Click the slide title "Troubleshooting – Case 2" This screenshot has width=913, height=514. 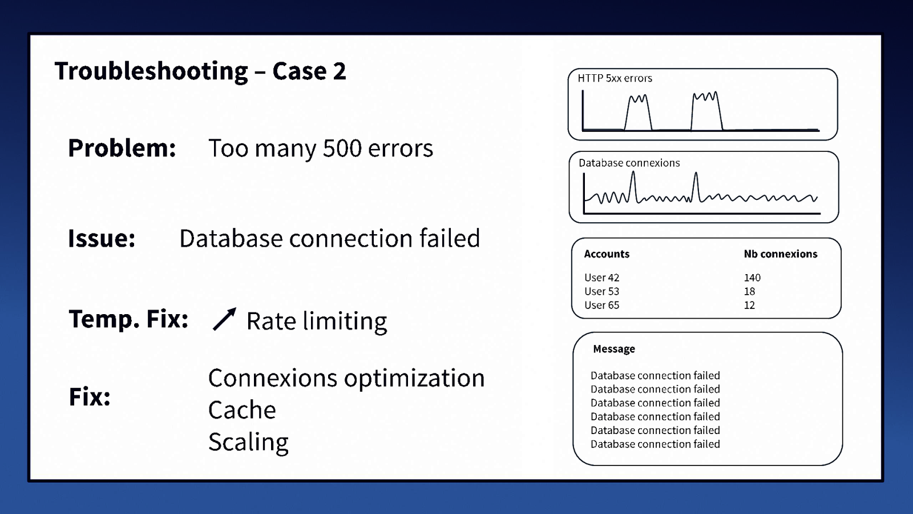click(200, 71)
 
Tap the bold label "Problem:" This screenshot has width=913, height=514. click(122, 148)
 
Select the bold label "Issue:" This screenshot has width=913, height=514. click(102, 238)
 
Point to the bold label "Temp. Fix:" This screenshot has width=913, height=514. click(128, 319)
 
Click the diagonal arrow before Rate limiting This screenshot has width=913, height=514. click(224, 319)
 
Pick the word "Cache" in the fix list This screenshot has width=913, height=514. click(242, 410)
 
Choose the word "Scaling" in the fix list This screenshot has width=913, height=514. click(248, 442)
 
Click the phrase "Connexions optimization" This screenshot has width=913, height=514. click(346, 378)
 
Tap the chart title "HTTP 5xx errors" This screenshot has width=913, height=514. click(615, 78)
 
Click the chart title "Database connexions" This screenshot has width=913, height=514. click(629, 163)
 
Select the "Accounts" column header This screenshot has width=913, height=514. click(607, 254)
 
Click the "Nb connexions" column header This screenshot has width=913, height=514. click(780, 254)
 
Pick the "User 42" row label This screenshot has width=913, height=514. click(601, 278)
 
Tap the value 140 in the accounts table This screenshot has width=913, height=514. click(752, 278)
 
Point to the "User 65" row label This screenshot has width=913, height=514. click(601, 305)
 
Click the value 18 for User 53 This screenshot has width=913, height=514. click(749, 291)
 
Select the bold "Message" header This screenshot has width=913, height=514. click(613, 349)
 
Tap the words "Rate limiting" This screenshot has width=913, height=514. click(316, 321)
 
